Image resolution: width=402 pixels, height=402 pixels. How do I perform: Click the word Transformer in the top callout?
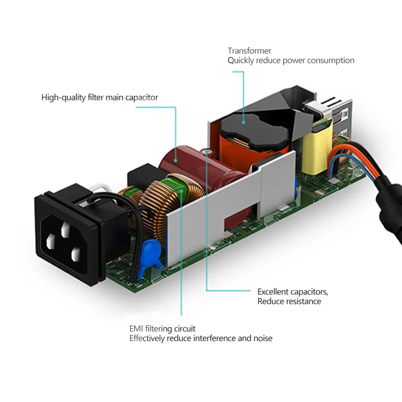pos(249,51)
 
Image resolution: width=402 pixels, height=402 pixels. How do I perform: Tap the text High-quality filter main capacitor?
pos(100,98)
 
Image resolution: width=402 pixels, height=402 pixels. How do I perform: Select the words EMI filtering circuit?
pos(162,329)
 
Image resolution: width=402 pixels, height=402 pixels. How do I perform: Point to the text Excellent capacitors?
pos(292,292)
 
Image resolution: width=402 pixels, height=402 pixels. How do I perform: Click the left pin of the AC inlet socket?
pos(51,241)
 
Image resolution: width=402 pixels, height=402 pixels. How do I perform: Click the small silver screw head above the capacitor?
pos(207,151)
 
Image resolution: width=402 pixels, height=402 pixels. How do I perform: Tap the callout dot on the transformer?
pos(243,122)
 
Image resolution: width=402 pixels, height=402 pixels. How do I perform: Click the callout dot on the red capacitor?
pos(175,161)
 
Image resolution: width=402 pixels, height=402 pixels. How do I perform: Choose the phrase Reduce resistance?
pos(289,301)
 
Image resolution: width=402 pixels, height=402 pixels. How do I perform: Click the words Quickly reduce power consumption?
pos(291,61)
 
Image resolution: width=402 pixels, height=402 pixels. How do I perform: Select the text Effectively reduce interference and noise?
pos(201,338)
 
